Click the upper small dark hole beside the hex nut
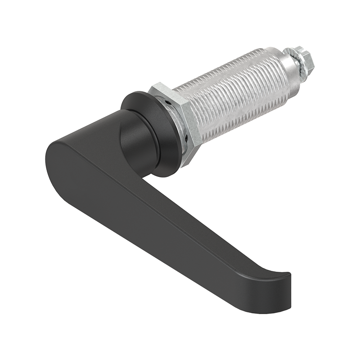[167, 103]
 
